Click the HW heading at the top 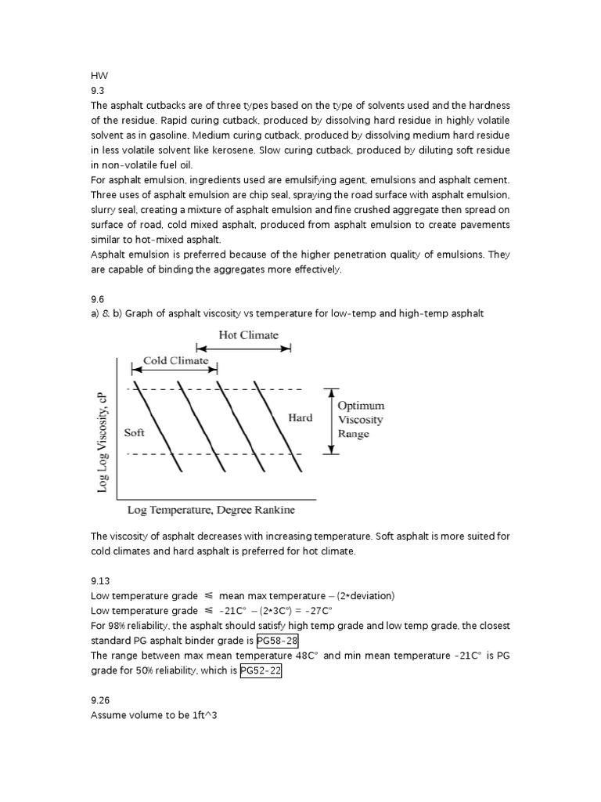pos(98,76)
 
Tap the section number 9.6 pos(97,298)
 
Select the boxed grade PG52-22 pos(260,670)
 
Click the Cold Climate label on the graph pos(175,361)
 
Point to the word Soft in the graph pos(134,432)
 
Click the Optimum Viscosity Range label pos(360,420)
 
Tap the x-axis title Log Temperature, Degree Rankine pos(211,511)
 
